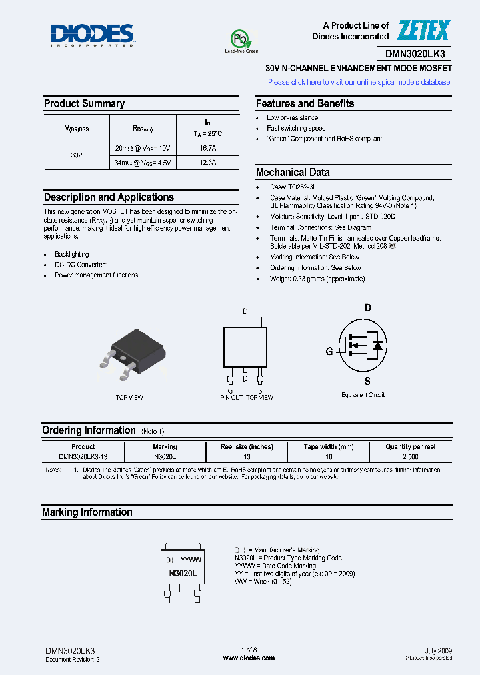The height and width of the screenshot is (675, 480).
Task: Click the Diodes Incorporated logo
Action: coord(93,35)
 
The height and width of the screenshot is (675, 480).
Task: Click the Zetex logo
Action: coord(424,31)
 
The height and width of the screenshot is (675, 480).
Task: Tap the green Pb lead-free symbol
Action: coord(239,39)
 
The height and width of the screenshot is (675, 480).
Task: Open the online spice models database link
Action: coord(359,82)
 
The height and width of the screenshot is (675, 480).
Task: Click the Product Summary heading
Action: coord(84,103)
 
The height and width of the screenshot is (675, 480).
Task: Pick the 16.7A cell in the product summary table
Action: coord(207,147)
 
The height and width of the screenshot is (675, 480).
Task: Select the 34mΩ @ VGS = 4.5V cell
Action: coord(143,162)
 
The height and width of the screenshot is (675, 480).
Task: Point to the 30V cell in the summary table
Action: coord(77,155)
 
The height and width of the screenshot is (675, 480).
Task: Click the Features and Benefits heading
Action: coord(305,103)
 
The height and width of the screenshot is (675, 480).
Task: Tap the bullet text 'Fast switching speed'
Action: coord(296,128)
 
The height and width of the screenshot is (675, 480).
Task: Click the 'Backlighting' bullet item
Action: coord(71,255)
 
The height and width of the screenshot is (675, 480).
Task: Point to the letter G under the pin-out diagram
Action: coord(230,390)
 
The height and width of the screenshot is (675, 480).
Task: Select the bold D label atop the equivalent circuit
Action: coord(367,308)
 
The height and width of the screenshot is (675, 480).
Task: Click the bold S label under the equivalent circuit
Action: coord(367,382)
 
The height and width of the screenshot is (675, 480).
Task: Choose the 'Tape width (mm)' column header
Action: coord(328,446)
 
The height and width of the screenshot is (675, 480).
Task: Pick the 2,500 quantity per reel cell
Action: coord(411,457)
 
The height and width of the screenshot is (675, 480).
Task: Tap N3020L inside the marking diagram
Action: coord(183,573)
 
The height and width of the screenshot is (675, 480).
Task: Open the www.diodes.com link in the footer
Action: coord(249,658)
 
